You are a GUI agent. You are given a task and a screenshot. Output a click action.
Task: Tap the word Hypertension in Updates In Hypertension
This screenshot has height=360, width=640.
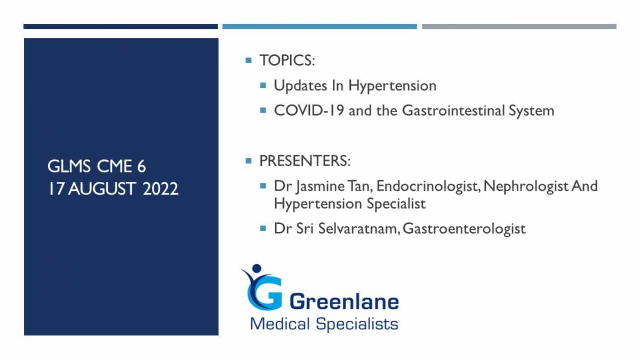point(393,86)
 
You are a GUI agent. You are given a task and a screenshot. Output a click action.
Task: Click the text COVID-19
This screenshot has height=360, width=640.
point(309,110)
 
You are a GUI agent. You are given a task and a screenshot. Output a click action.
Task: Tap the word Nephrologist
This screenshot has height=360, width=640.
point(526,187)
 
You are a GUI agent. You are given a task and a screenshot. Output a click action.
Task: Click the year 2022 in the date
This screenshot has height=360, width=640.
point(161,189)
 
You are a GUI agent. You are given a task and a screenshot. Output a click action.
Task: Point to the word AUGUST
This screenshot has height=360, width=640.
point(101,189)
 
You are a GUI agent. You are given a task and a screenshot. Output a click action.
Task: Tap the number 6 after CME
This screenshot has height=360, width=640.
point(141,166)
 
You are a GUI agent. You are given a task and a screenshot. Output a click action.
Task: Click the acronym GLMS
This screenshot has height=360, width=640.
point(69,166)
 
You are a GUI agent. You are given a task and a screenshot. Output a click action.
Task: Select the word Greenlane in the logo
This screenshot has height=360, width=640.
point(344,302)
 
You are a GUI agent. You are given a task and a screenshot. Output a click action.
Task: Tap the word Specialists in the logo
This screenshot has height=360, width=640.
point(357,324)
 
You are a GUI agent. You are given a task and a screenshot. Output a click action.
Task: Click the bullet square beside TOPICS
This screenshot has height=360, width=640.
point(249,60)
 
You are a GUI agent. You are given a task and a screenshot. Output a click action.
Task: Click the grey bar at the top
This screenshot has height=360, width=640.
point(519,27)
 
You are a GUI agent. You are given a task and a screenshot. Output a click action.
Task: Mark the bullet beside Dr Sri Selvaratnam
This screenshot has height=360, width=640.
point(263,228)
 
